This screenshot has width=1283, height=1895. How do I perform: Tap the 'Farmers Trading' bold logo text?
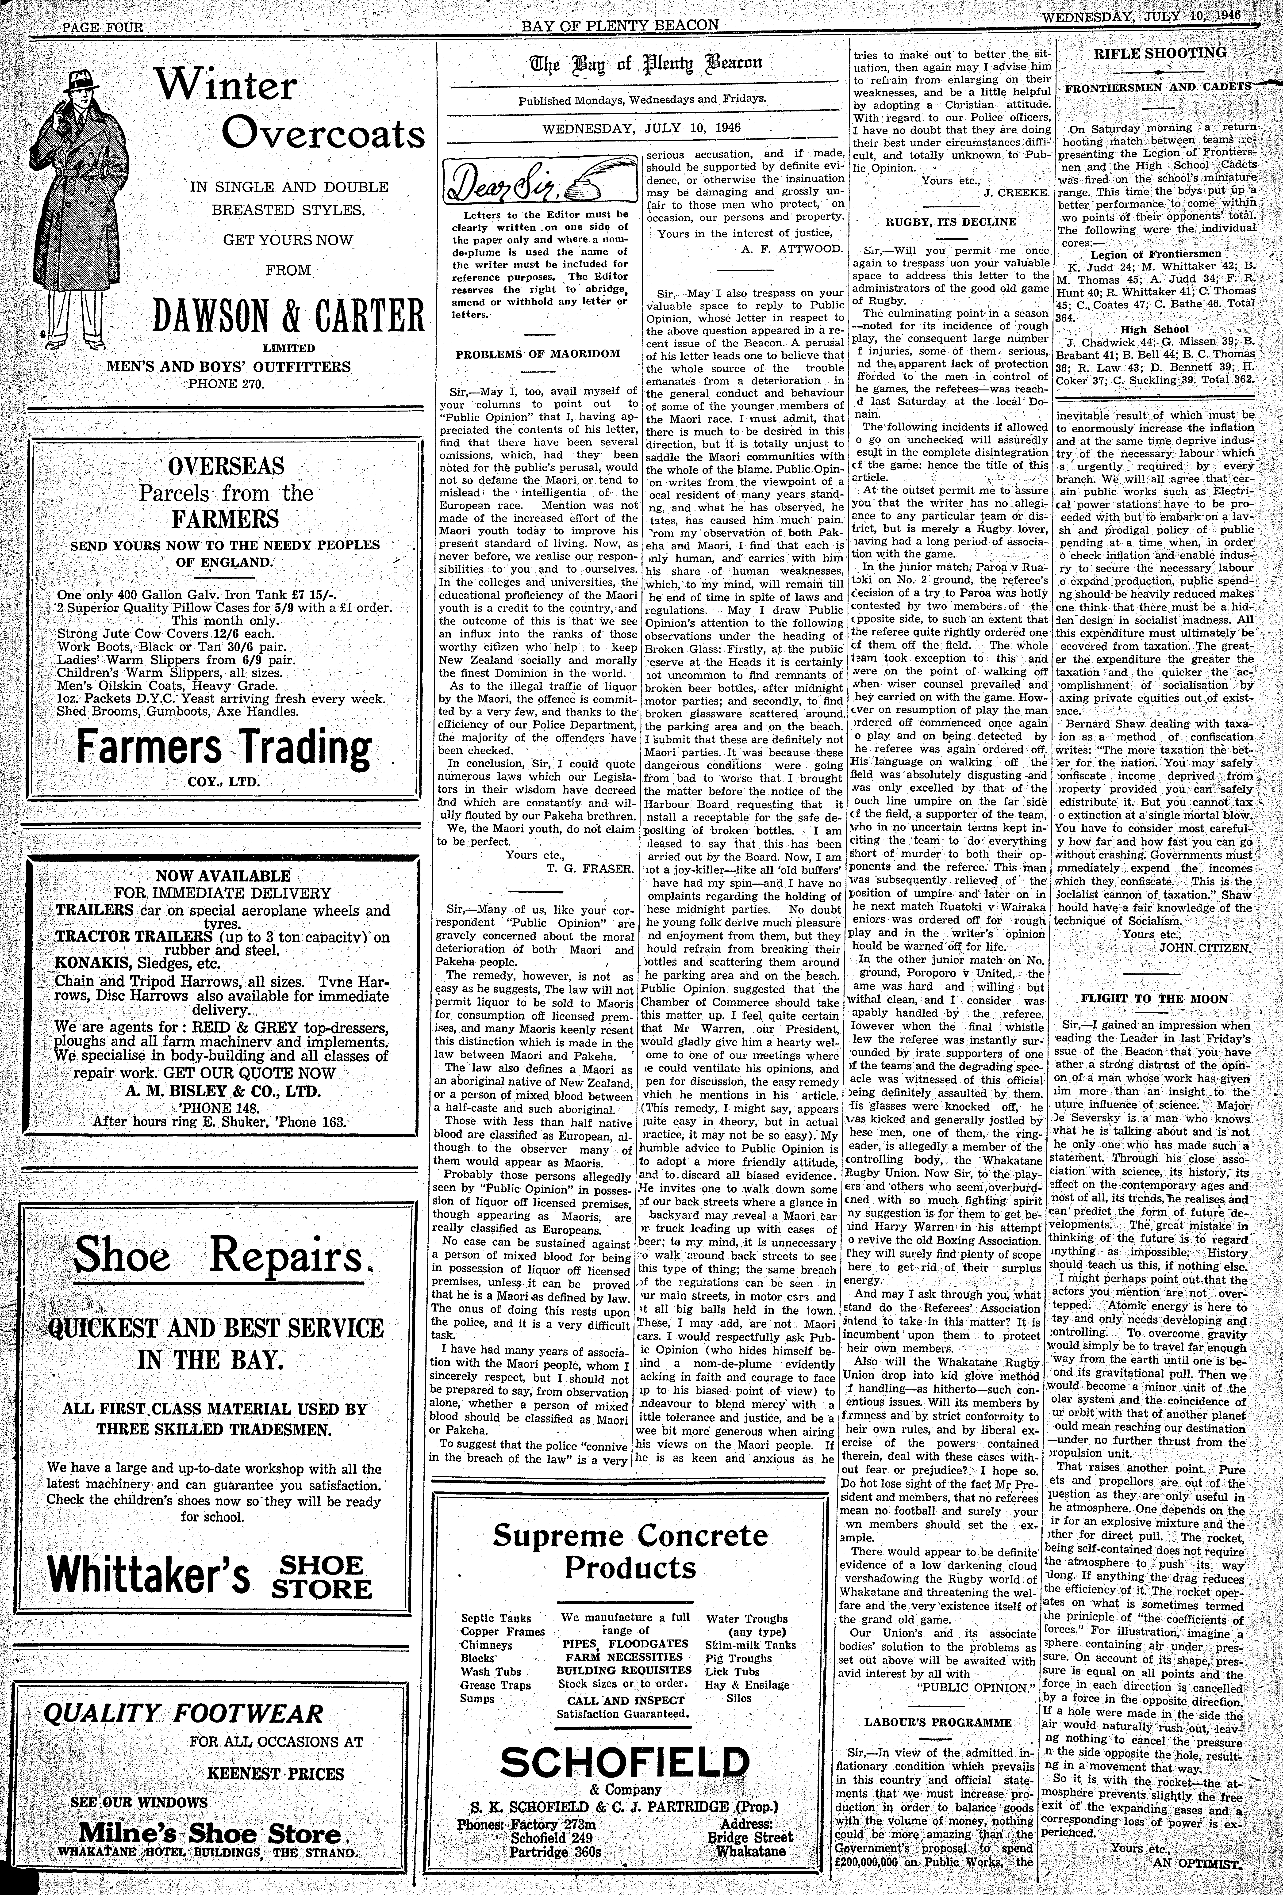[x=223, y=748]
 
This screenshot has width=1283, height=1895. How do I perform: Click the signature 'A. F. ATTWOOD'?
[x=791, y=248]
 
